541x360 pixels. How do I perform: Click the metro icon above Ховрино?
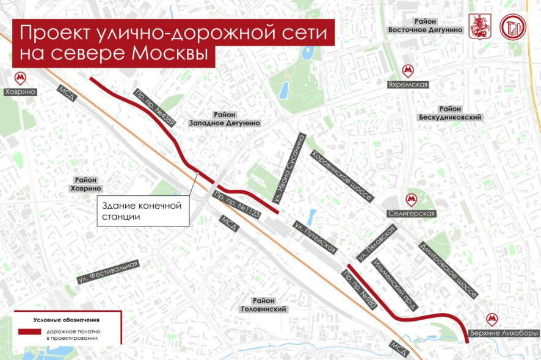point(20,77)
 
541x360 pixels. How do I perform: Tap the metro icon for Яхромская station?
point(407,71)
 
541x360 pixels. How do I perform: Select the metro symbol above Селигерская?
point(412,200)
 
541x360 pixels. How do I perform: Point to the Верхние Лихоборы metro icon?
point(492,319)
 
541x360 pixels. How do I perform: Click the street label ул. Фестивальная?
point(108,272)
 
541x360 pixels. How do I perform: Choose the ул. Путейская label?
point(314,236)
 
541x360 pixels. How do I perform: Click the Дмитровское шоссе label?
point(448,270)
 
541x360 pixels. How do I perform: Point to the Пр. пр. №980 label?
point(363,290)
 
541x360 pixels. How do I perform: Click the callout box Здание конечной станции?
point(143,211)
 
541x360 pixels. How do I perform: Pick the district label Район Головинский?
point(264,304)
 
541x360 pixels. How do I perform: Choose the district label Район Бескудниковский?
point(451,112)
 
